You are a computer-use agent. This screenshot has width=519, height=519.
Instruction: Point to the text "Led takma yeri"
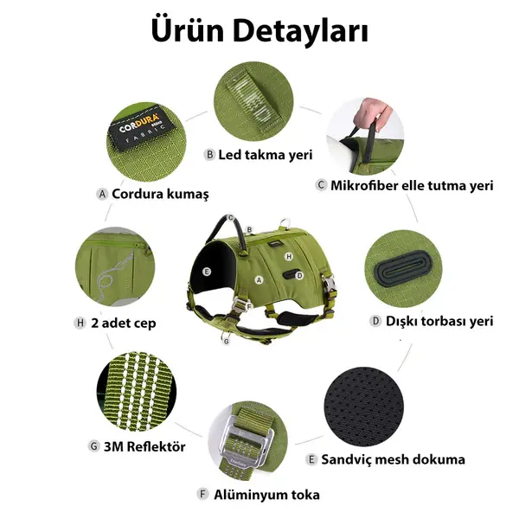pyautogui.click(x=265, y=155)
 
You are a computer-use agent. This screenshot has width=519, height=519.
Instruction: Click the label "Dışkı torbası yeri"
pyautogui.click(x=439, y=321)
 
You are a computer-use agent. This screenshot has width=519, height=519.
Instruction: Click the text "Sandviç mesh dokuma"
pyautogui.click(x=392, y=459)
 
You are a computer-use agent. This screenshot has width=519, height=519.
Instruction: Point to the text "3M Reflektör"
pyautogui.click(x=144, y=446)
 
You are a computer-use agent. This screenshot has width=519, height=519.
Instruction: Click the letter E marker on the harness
pyautogui.click(x=207, y=271)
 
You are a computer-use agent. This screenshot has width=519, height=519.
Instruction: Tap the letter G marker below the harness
pyautogui.click(x=226, y=341)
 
